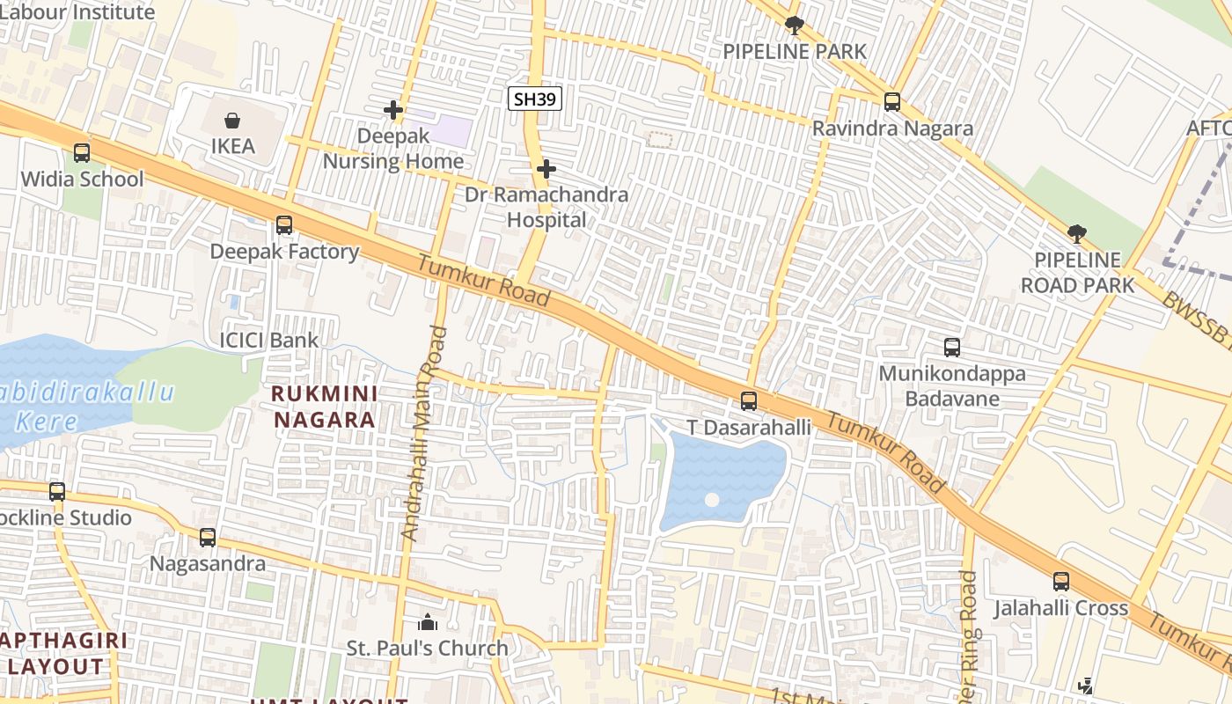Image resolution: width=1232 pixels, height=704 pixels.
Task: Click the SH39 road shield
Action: [x=535, y=99]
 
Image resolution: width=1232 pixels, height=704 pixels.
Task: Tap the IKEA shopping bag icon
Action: [x=232, y=120]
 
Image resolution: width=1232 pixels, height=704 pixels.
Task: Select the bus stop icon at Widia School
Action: [x=82, y=153]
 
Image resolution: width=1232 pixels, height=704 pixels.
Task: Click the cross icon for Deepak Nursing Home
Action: [x=393, y=110]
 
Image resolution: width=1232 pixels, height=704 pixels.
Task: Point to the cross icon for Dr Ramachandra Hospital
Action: [x=546, y=168]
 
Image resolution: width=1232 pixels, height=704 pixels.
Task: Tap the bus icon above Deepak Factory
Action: [x=284, y=225]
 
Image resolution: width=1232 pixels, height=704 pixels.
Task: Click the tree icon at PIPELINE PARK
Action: [x=795, y=25]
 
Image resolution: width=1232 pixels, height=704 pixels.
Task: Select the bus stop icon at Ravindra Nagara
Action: [x=892, y=102]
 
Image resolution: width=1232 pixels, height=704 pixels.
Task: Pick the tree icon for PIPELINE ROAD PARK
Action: [x=1076, y=233]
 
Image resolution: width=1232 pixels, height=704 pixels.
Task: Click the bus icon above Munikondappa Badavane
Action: [x=952, y=347]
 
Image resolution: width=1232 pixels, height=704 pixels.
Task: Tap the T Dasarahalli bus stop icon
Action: [x=749, y=401]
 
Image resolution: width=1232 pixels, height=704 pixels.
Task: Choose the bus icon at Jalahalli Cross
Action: [x=1061, y=582]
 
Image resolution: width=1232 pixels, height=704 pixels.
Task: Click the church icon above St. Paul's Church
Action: [x=428, y=623]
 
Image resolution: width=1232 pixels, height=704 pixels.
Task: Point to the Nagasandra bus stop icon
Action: [x=208, y=537]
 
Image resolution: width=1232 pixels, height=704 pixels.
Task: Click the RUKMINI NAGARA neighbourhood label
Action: [x=325, y=407]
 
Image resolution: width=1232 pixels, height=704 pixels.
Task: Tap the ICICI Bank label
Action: [x=268, y=341]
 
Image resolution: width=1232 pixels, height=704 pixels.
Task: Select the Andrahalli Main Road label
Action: [x=424, y=433]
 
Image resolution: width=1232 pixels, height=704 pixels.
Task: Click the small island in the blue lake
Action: [x=712, y=500]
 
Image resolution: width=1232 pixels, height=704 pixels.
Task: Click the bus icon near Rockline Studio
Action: [x=57, y=492]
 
